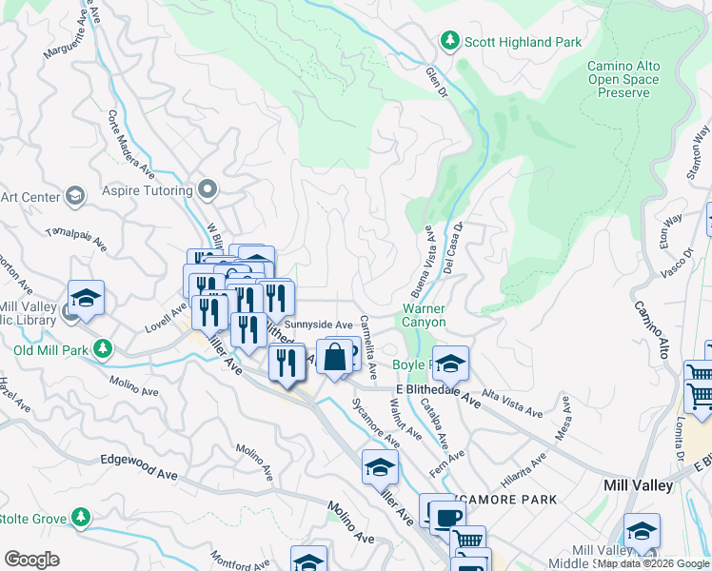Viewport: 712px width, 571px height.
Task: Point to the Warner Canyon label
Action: (424, 315)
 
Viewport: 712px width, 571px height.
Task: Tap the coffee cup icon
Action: (446, 519)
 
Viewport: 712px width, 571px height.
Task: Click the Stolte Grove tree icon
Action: (81, 518)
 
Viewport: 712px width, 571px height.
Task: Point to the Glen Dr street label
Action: (437, 79)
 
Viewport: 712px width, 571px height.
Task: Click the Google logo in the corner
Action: (31, 560)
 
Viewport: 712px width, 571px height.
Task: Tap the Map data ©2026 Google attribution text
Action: (653, 563)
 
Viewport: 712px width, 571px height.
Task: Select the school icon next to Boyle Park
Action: (450, 362)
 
